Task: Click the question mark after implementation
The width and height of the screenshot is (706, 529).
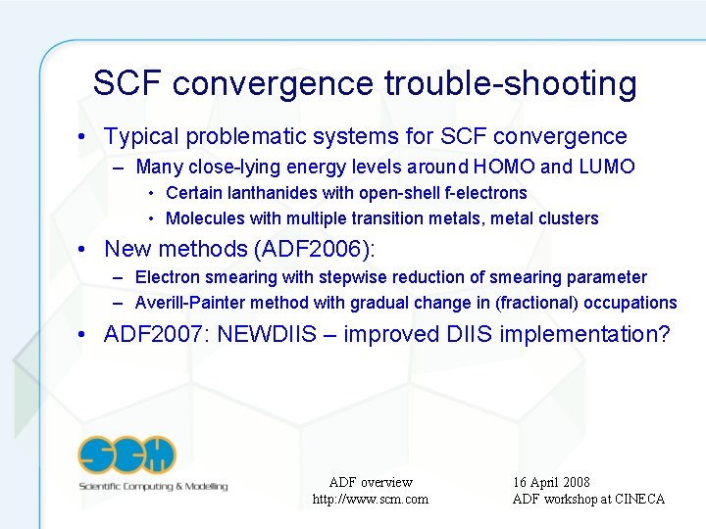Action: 664,335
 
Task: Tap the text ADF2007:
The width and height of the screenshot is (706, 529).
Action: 157,335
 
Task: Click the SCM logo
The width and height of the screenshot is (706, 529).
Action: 127,455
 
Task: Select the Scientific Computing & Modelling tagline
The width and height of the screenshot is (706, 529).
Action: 153,486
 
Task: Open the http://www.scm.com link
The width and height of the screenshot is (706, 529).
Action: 370,500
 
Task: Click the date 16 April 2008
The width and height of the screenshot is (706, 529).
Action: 551,482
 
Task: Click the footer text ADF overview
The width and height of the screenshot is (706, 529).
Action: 371,482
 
